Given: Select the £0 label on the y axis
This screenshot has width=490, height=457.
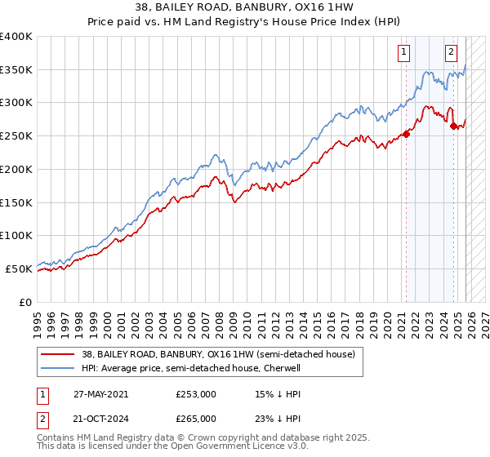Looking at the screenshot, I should pyautogui.click(x=26, y=302).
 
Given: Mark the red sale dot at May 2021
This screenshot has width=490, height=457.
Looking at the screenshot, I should pyautogui.click(x=406, y=135).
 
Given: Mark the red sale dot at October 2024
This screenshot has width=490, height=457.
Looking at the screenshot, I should pyautogui.click(x=453, y=126).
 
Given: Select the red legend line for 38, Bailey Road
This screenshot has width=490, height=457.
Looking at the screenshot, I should pyautogui.click(x=57, y=355).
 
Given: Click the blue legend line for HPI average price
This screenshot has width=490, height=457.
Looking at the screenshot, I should pyautogui.click(x=57, y=369).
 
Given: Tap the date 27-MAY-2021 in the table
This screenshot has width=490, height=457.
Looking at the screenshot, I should pyautogui.click(x=99, y=394).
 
